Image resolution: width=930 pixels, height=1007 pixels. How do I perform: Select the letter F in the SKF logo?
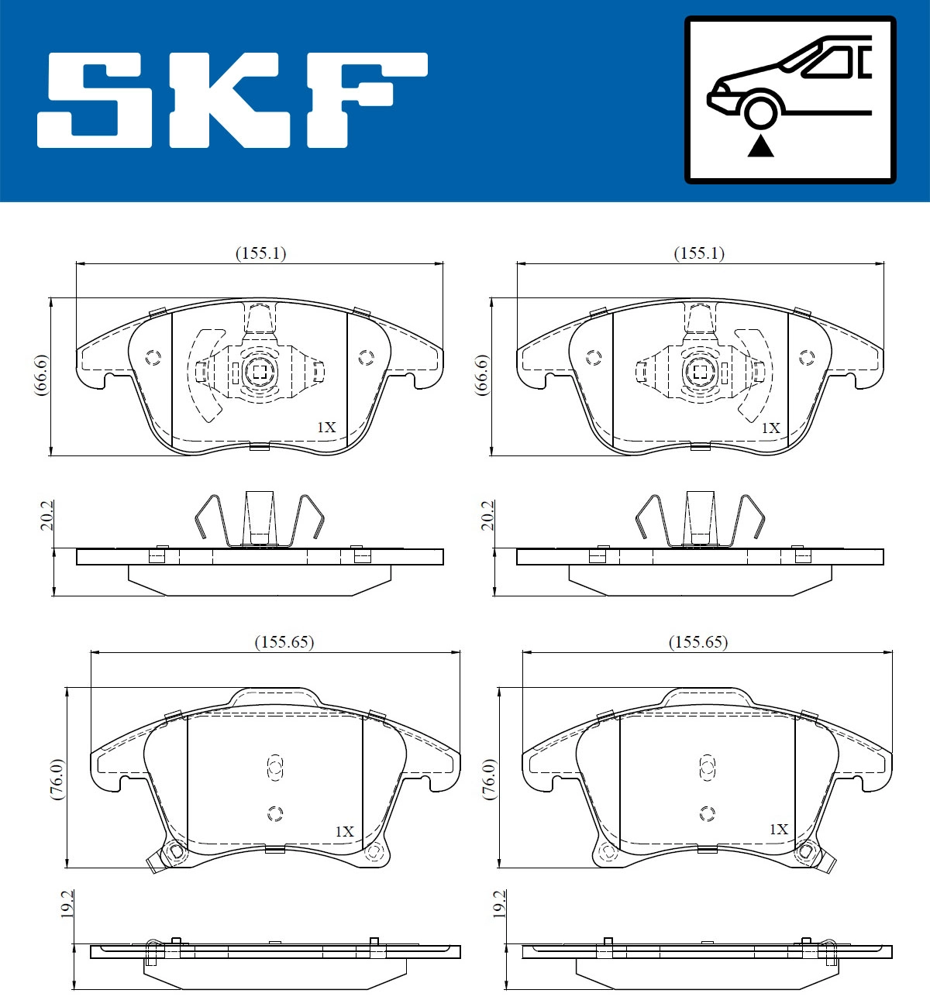pyautogui.click(x=364, y=101)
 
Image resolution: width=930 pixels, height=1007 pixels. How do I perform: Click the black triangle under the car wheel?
pyautogui.click(x=760, y=146)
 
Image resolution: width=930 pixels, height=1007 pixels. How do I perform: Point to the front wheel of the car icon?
pyautogui.click(x=760, y=111)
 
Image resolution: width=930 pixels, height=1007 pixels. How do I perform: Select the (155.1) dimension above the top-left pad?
pyautogui.click(x=260, y=253)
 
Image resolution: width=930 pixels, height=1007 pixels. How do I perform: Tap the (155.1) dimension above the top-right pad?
pyautogui.click(x=699, y=253)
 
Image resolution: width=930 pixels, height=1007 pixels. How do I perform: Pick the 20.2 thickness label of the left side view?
pyautogui.click(x=47, y=515)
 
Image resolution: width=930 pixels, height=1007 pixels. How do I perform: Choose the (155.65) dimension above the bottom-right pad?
pyautogui.click(x=698, y=642)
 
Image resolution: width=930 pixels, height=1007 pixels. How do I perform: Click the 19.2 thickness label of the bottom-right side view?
pyautogui.click(x=498, y=903)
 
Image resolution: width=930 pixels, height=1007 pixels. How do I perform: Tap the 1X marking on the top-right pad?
pyautogui.click(x=770, y=428)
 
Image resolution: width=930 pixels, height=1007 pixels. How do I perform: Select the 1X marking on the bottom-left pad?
pyautogui.click(x=344, y=831)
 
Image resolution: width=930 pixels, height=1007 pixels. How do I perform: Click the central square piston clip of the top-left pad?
pyautogui.click(x=258, y=373)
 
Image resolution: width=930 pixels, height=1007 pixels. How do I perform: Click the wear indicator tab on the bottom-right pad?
pyautogui.click(x=828, y=863)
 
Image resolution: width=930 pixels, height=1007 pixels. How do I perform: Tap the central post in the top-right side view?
pyautogui.click(x=701, y=517)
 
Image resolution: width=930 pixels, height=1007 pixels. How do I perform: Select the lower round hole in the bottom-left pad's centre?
pyautogui.click(x=274, y=813)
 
